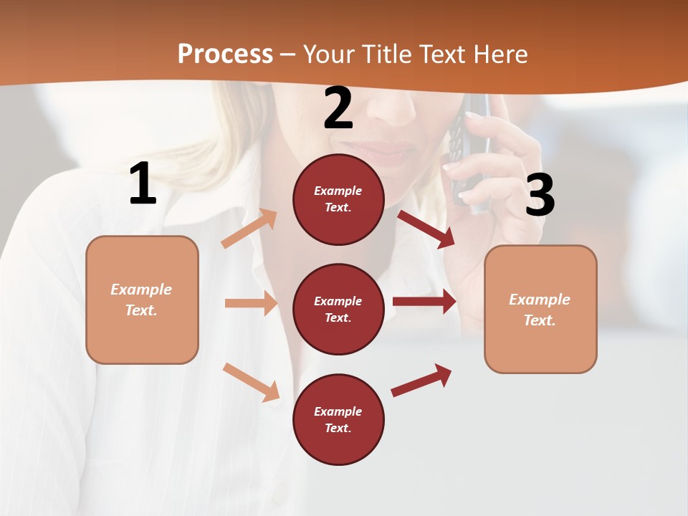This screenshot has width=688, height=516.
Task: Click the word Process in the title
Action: click(x=225, y=54)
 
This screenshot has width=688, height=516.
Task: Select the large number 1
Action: click(x=143, y=184)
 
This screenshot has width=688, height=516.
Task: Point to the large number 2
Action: click(x=338, y=109)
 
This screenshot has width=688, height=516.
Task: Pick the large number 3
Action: click(x=540, y=195)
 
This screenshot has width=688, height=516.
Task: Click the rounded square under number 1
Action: click(x=142, y=300)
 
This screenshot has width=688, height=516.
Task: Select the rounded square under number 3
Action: click(x=540, y=309)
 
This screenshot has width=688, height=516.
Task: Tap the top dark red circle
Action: click(x=338, y=199)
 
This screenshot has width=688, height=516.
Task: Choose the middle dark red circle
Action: click(x=338, y=309)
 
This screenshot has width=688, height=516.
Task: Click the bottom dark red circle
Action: click(x=338, y=419)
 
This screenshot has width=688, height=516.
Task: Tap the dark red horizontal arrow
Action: click(x=424, y=302)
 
